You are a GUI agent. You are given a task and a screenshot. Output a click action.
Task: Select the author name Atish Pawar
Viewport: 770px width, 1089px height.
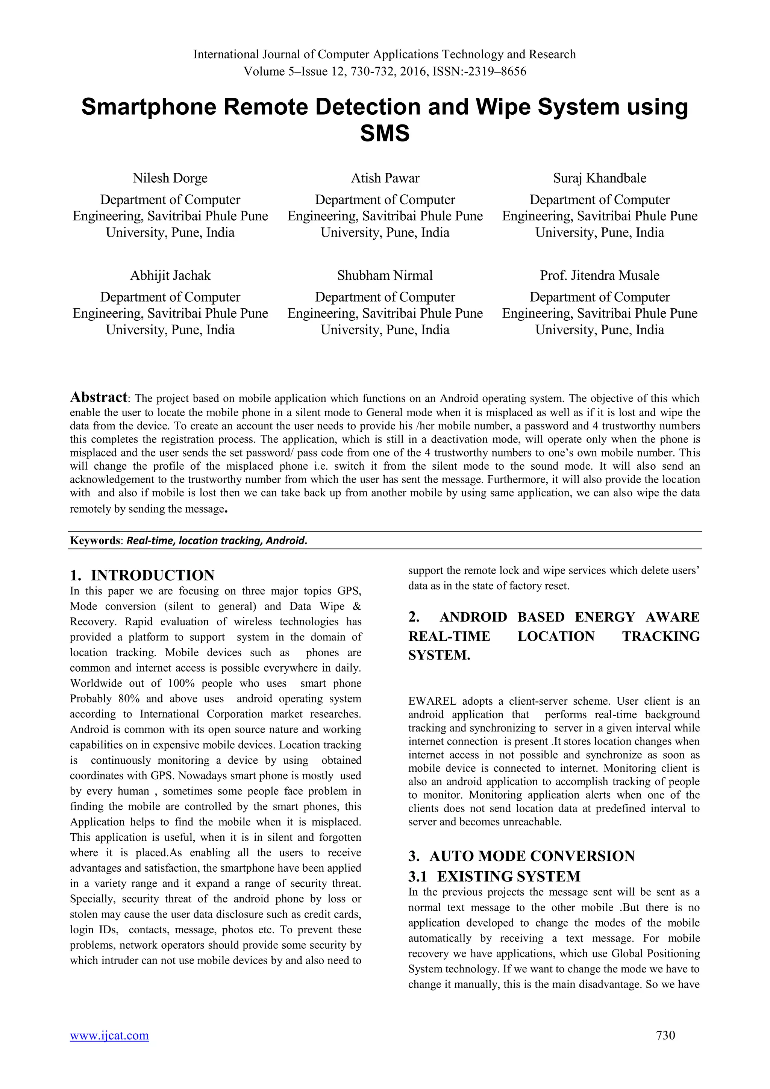385,178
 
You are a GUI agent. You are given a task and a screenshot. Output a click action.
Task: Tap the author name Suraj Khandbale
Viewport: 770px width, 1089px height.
599,178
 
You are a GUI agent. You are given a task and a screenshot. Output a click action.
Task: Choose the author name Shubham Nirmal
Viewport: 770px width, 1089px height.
385,276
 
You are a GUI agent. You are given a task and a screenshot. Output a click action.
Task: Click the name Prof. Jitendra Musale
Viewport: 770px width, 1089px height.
599,276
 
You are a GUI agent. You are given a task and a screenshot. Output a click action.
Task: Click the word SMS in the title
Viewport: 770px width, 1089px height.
385,134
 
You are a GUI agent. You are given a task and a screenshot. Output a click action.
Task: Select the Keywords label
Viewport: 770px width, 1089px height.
96,541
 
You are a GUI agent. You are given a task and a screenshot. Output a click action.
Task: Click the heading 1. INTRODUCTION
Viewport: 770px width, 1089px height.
142,575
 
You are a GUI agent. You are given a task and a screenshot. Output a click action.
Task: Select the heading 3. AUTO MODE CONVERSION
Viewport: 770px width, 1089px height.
521,856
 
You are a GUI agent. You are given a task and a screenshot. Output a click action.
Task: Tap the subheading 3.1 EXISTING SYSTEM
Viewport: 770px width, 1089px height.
494,877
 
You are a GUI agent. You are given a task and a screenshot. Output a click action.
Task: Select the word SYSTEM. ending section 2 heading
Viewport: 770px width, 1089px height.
439,655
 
